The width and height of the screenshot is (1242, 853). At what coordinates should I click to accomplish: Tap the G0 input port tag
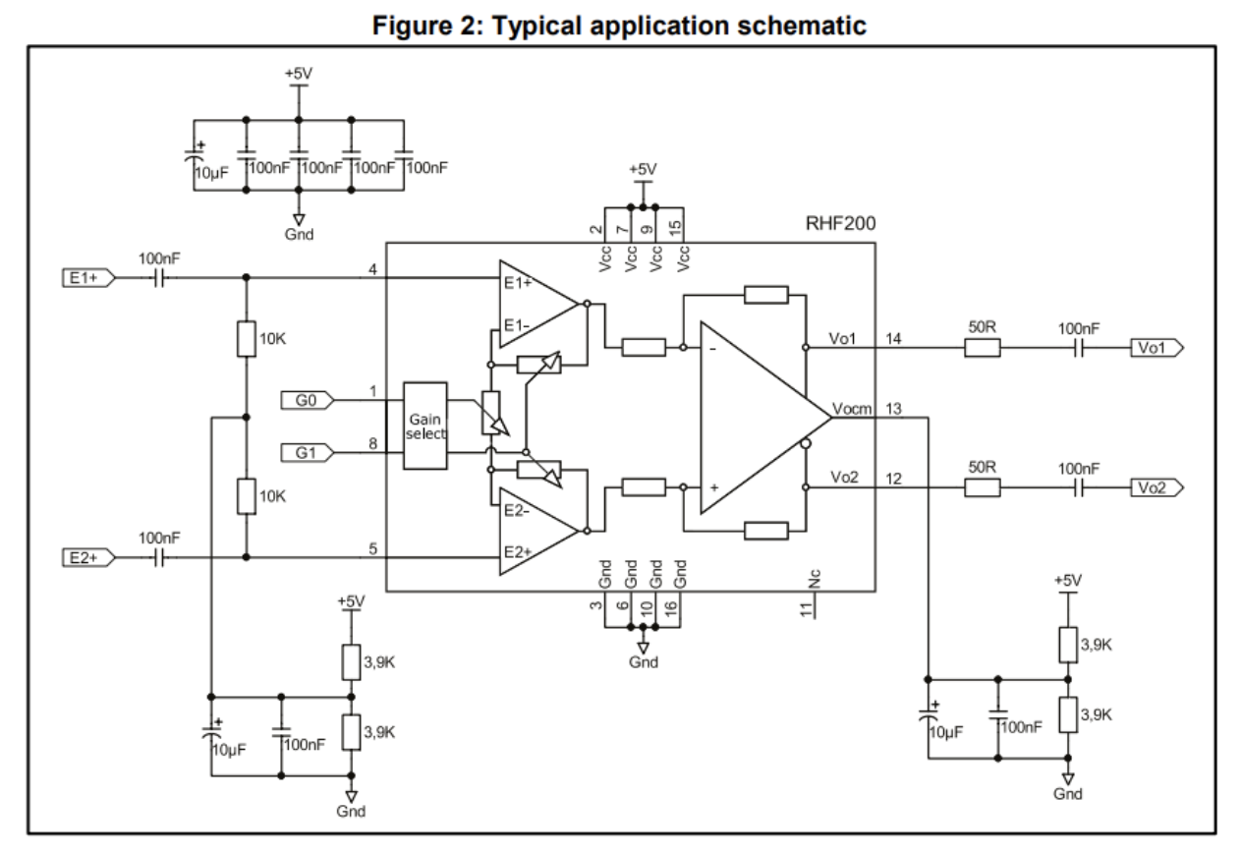pyautogui.click(x=307, y=399)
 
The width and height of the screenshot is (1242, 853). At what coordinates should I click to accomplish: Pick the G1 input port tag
pyautogui.click(x=307, y=452)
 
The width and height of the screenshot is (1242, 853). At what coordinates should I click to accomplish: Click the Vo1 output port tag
pyautogui.click(x=1157, y=347)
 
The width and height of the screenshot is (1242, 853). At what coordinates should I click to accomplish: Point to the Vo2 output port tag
pyautogui.click(x=1157, y=486)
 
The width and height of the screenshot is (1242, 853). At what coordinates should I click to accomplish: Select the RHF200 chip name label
pyautogui.click(x=838, y=224)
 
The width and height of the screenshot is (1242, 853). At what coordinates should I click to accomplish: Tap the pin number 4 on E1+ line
pyautogui.click(x=372, y=269)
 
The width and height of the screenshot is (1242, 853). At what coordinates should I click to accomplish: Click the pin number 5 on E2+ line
pyautogui.click(x=372, y=548)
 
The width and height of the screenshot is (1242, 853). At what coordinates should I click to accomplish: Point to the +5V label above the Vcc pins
pyautogui.click(x=643, y=169)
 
